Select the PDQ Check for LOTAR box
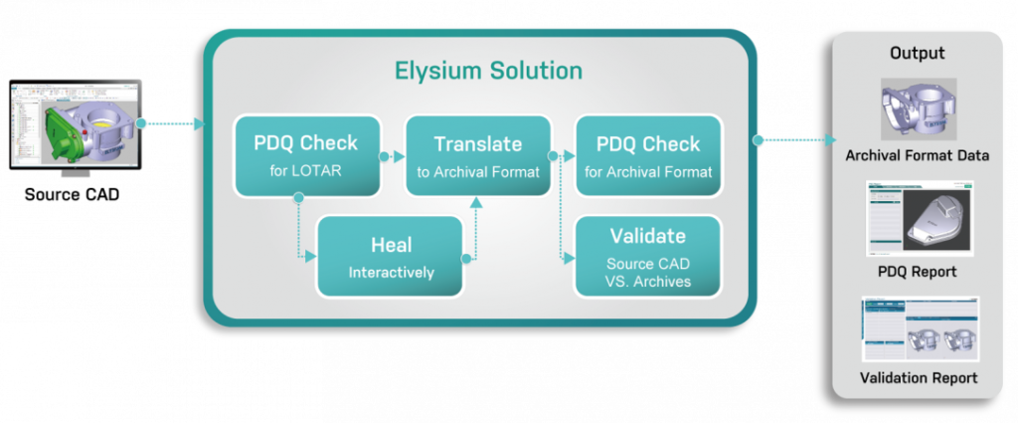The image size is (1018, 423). pyautogui.click(x=306, y=155)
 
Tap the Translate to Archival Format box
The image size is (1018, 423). pyautogui.click(x=477, y=155)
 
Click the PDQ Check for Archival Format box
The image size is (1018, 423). pyautogui.click(x=647, y=155)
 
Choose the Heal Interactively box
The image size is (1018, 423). pyautogui.click(x=390, y=256)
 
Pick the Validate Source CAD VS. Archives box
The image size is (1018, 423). pyautogui.click(x=647, y=256)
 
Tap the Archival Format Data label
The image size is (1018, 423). pyautogui.click(x=917, y=155)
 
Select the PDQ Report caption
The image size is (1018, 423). pyautogui.click(x=917, y=271)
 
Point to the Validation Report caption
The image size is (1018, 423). pyautogui.click(x=917, y=377)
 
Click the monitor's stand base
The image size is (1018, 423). pyautogui.click(x=76, y=174)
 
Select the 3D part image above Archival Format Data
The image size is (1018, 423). pyautogui.click(x=917, y=107)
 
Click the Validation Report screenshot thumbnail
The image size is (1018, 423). pyautogui.click(x=917, y=328)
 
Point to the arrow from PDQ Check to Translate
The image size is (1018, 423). pyautogui.click(x=393, y=156)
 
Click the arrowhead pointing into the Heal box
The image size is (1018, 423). pyautogui.click(x=311, y=257)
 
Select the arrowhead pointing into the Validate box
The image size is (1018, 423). pyautogui.click(x=571, y=257)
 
